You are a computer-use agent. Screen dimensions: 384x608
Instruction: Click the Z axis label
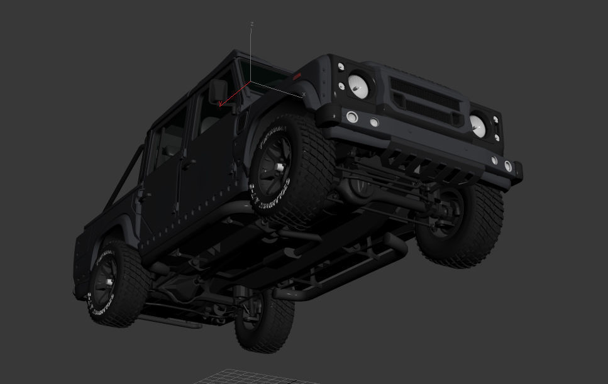[252, 25]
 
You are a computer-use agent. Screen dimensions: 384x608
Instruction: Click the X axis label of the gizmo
[304, 95]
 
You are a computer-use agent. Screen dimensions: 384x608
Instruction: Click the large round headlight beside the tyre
[358, 85]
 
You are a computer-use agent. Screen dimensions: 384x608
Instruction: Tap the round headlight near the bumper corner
[477, 126]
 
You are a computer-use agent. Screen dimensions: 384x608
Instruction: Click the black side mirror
[218, 91]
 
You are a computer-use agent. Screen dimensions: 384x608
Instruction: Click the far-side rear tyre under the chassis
[264, 321]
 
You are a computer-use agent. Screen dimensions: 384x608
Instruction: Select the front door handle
[187, 165]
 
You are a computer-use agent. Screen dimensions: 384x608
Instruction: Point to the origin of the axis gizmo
[251, 82]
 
